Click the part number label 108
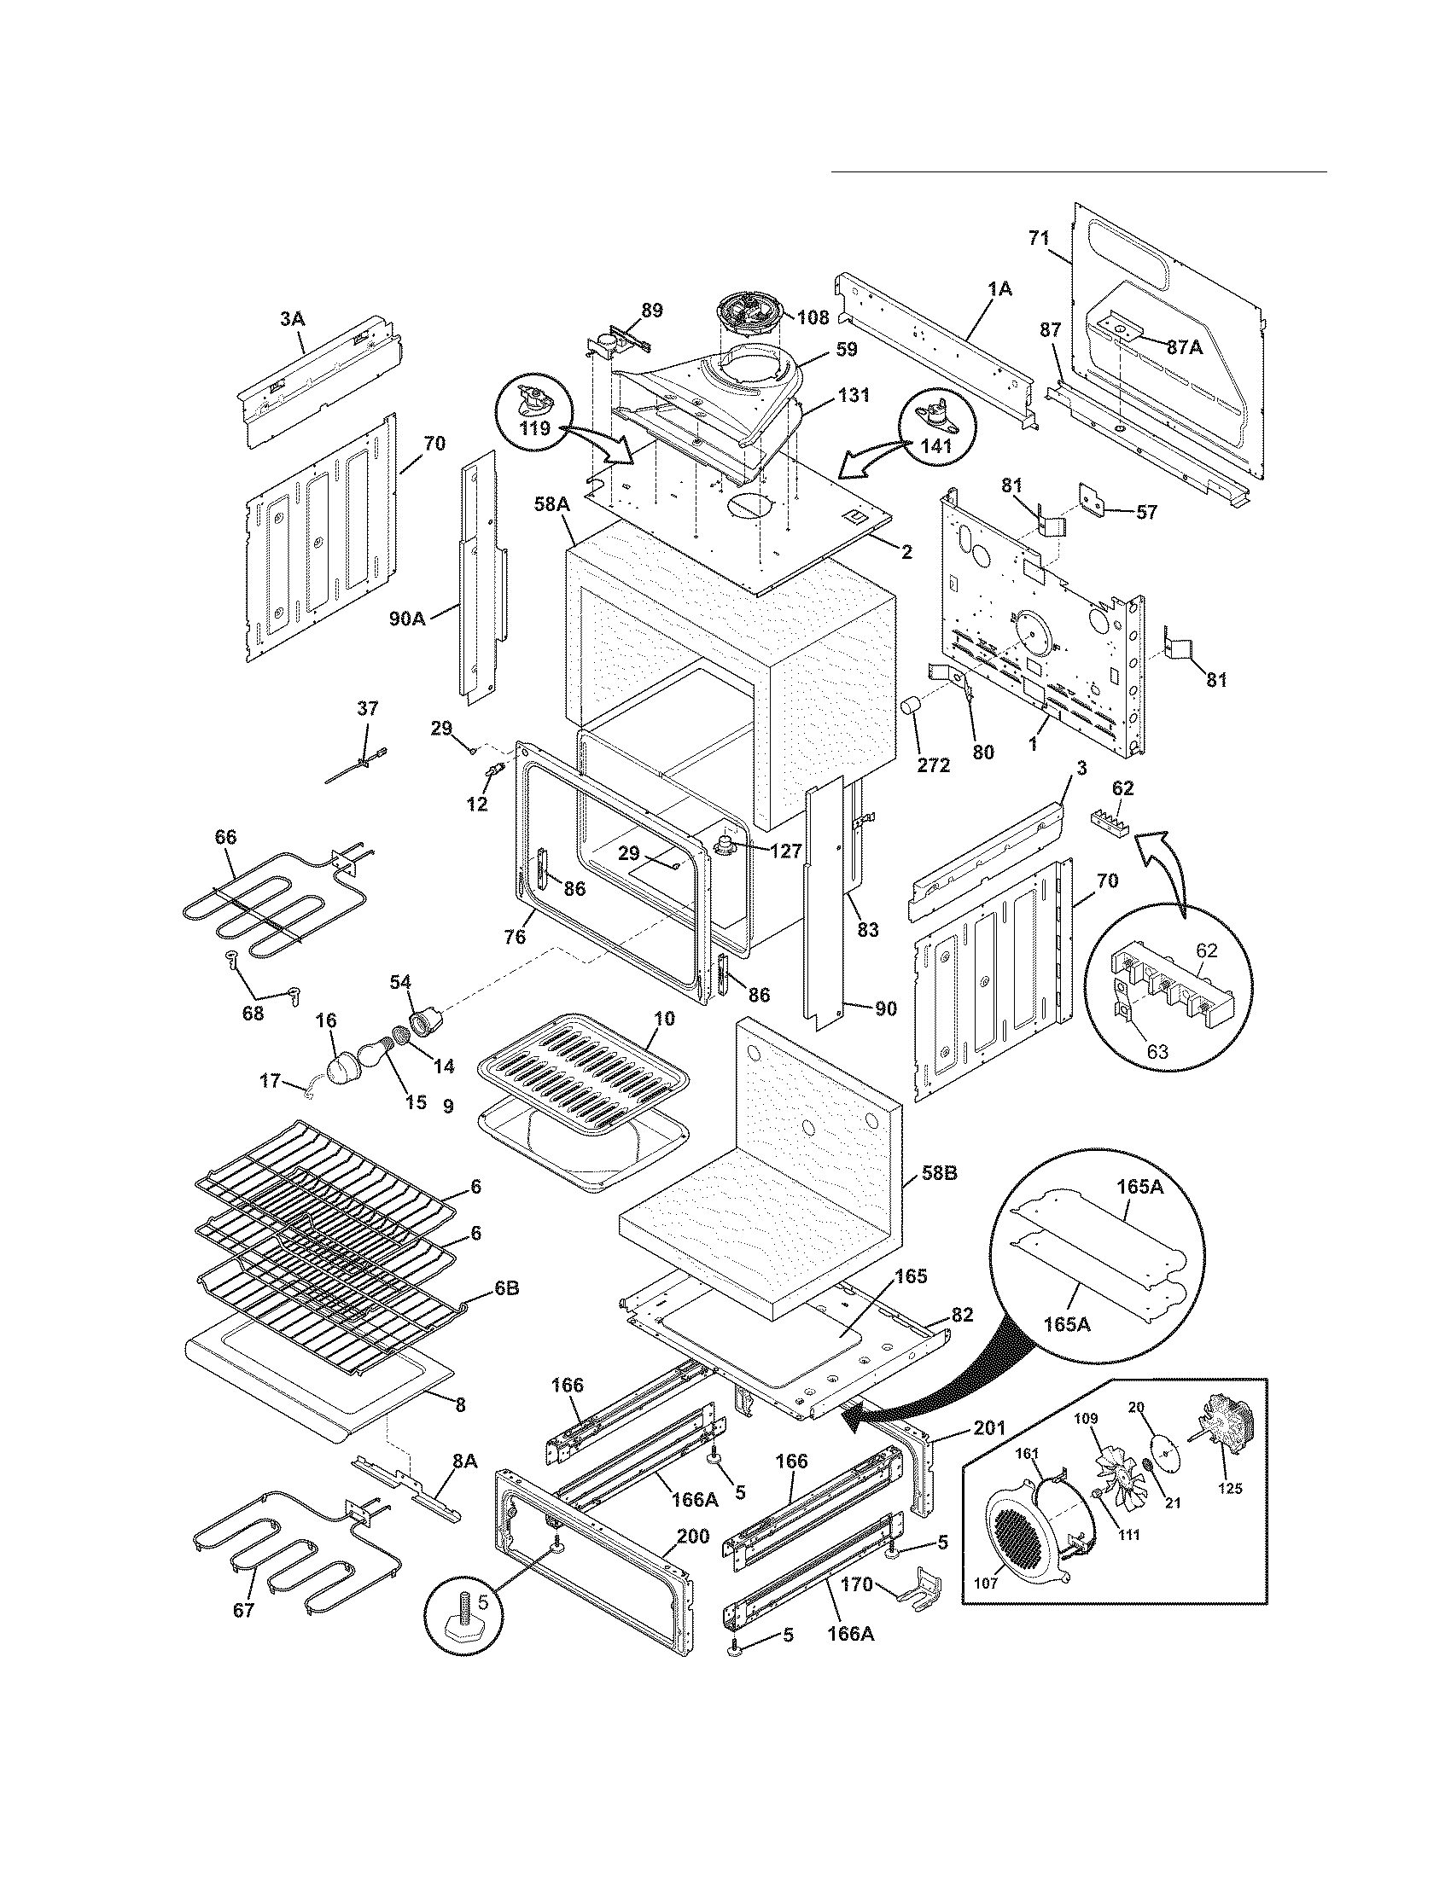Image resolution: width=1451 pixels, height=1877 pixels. coord(812,318)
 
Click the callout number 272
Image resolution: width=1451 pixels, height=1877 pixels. coord(933,764)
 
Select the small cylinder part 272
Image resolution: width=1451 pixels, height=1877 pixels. coord(910,708)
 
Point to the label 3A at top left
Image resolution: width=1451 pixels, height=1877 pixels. coord(292,319)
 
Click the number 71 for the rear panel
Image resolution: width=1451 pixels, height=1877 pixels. coord(1040,239)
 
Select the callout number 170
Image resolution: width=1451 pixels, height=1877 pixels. coord(856,1584)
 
